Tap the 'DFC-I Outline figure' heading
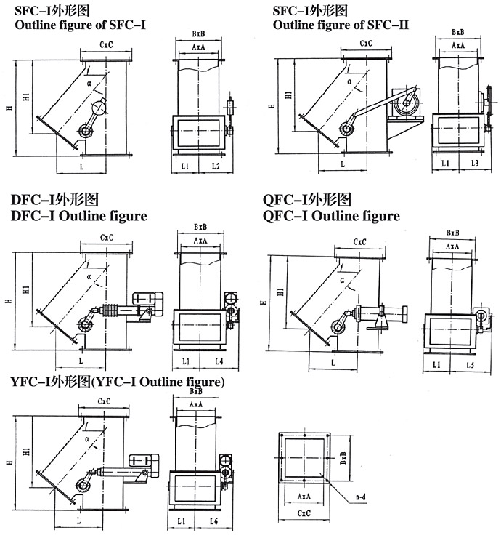[x=78, y=216]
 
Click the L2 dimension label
[x=216, y=167]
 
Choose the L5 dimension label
[x=470, y=364]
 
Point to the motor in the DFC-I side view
[x=149, y=299]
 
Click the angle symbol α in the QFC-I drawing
[x=341, y=278]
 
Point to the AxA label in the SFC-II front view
[x=457, y=45]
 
